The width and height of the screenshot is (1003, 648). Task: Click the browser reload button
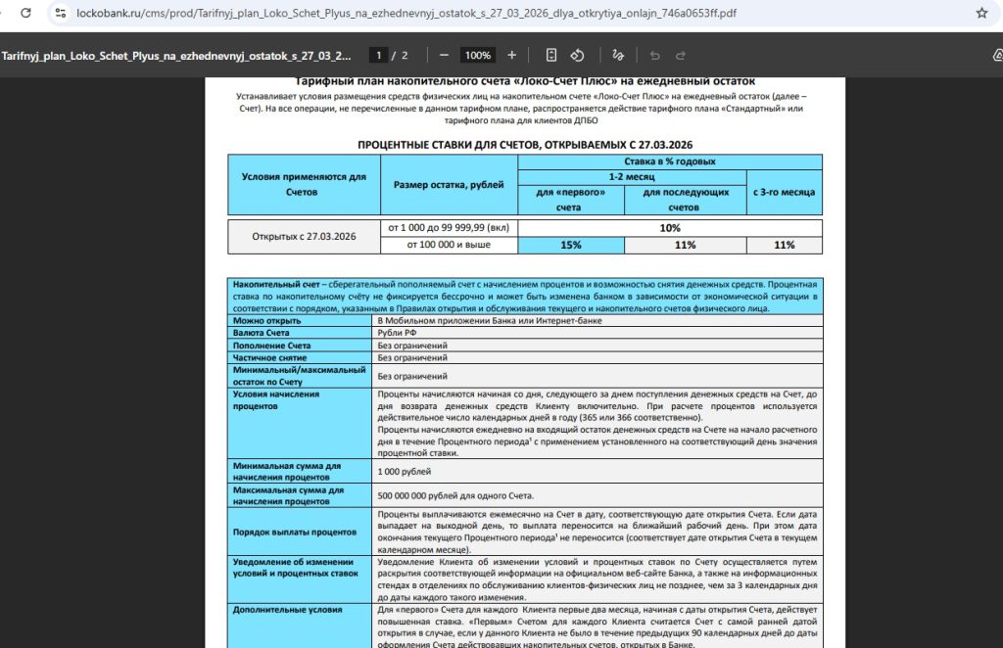pos(24,14)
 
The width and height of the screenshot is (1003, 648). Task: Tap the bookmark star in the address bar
pos(981,14)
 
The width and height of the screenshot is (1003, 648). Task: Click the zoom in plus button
pos(511,55)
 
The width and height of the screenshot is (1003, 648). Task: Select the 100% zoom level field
pos(477,55)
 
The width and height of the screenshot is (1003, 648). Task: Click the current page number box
pos(379,55)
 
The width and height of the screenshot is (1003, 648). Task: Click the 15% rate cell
pos(571,245)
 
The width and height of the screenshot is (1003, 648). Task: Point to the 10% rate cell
pos(670,228)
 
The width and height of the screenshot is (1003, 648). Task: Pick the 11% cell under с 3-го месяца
pos(784,245)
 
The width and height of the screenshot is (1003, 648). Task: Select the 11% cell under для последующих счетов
pos(685,245)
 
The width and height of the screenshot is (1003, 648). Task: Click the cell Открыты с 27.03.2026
pos(304,236)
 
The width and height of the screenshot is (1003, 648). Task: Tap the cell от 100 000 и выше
pos(449,245)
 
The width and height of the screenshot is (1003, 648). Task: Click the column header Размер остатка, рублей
pos(449,184)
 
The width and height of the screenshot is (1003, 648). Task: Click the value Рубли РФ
pos(397,333)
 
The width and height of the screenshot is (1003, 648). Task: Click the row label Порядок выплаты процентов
pos(294,532)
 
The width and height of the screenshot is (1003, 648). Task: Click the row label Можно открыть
pos(266,320)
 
